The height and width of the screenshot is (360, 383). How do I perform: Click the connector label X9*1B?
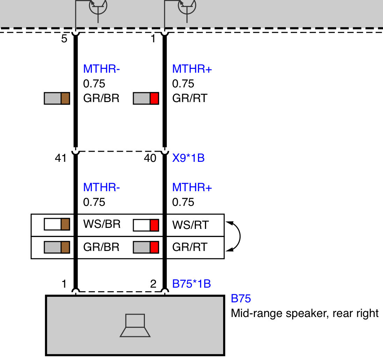pyautogui.click(x=188, y=158)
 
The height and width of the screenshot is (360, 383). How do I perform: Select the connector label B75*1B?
pyautogui.click(x=191, y=284)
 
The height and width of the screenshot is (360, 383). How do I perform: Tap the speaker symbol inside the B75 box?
pyautogui.click(x=135, y=325)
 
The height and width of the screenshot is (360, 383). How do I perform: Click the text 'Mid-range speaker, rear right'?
pyautogui.click(x=304, y=313)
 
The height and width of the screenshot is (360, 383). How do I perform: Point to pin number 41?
pyautogui.click(x=61, y=158)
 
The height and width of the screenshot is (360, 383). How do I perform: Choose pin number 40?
pyautogui.click(x=150, y=158)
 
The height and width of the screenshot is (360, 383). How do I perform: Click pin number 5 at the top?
pyautogui.click(x=64, y=39)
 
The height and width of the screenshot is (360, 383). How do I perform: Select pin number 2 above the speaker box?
pyautogui.click(x=153, y=284)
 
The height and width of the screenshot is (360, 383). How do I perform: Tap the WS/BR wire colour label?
pyautogui.click(x=102, y=224)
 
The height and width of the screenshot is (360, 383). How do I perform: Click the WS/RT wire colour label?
pyautogui.click(x=191, y=225)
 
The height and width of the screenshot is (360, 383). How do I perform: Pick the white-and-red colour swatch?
pyautogui.click(x=146, y=225)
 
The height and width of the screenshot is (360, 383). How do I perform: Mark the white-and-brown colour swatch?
pyautogui.click(x=57, y=224)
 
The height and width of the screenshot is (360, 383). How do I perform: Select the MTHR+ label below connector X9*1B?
pyautogui.click(x=192, y=187)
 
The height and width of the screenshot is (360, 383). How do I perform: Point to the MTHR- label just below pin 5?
pyautogui.click(x=101, y=69)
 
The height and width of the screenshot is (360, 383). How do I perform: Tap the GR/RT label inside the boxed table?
pyautogui.click(x=190, y=247)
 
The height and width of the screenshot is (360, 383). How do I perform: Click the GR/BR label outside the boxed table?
pyautogui.click(x=101, y=98)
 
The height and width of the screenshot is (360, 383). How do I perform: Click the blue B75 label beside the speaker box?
pyautogui.click(x=241, y=298)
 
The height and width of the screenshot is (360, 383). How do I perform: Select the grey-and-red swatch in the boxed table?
pyautogui.click(x=146, y=247)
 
